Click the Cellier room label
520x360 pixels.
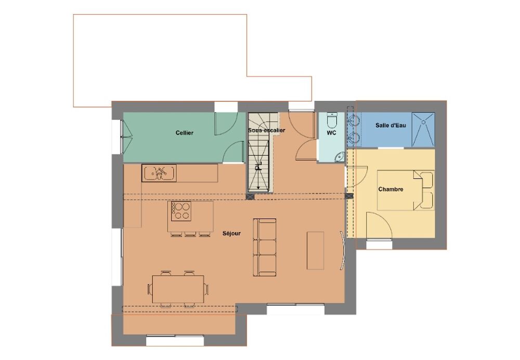(185, 133)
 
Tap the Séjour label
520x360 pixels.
(231, 233)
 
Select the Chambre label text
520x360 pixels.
(391, 189)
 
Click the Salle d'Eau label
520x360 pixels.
(391, 125)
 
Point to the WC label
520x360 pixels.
(331, 133)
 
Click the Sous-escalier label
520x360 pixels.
(267, 130)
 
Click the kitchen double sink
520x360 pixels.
(159, 173)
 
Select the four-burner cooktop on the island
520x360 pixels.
(181, 211)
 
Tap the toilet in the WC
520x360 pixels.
(332, 121)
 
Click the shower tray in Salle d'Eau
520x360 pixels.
(423, 130)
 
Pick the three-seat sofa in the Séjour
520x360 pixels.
(265, 247)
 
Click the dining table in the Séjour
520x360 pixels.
(178, 289)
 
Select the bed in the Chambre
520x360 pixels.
(406, 190)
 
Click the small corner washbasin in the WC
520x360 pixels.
(339, 157)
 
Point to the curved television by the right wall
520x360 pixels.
(343, 250)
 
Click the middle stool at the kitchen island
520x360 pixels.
(190, 234)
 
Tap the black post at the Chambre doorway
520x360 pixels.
(349, 196)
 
